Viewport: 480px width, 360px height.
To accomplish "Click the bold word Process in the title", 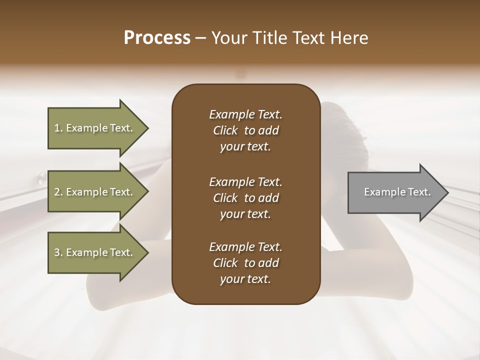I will click(157, 38).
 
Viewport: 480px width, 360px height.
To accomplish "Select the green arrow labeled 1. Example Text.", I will click(95, 128).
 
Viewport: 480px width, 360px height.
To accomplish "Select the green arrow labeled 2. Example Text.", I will click(95, 192).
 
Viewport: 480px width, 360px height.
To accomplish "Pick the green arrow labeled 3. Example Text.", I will click(95, 252).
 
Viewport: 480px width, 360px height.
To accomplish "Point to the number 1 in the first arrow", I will click(57, 128).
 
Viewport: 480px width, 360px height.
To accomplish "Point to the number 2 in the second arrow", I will click(57, 192).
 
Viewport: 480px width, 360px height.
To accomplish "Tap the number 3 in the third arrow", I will click(57, 252).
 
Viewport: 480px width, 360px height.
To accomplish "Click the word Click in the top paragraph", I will click(225, 131).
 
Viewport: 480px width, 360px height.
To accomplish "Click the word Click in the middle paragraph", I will click(225, 198).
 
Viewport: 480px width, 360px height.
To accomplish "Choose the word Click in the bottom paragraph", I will click(225, 263).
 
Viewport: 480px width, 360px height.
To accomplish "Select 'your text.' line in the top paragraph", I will click(245, 147).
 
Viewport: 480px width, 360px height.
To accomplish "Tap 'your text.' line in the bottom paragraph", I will click(245, 279).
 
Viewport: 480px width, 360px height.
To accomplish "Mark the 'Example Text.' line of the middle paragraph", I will click(245, 181).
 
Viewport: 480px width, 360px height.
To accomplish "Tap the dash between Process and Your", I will click(201, 38).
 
